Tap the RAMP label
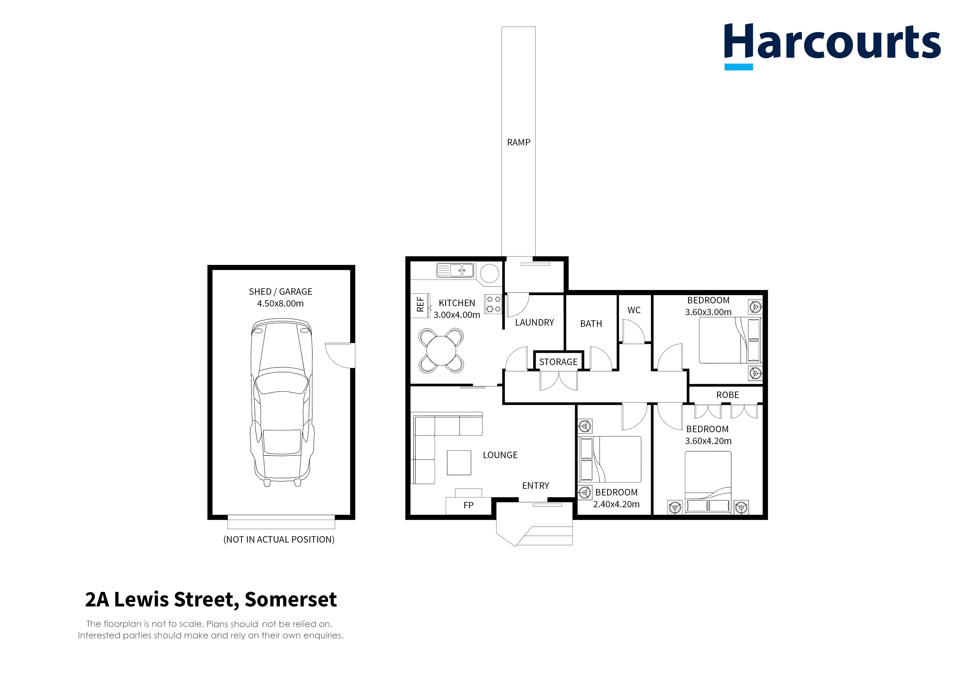coord(518,142)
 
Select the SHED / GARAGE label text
coord(280,292)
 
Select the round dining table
coord(441,351)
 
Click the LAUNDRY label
coord(534,323)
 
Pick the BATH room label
coord(591,324)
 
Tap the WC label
coord(634,310)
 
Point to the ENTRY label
coord(535,486)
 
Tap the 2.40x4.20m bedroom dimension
coord(616,504)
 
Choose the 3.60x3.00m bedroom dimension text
coord(708,312)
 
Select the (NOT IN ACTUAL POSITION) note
coord(279,540)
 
